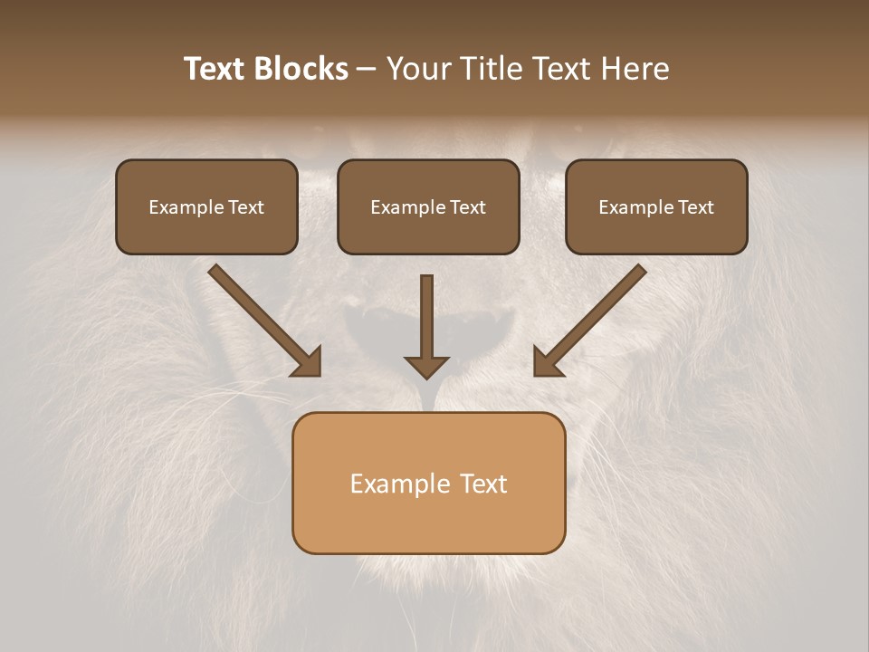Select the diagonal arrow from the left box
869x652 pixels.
(x=263, y=319)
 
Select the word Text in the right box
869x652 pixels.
(x=696, y=207)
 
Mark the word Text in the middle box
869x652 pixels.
(x=468, y=207)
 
